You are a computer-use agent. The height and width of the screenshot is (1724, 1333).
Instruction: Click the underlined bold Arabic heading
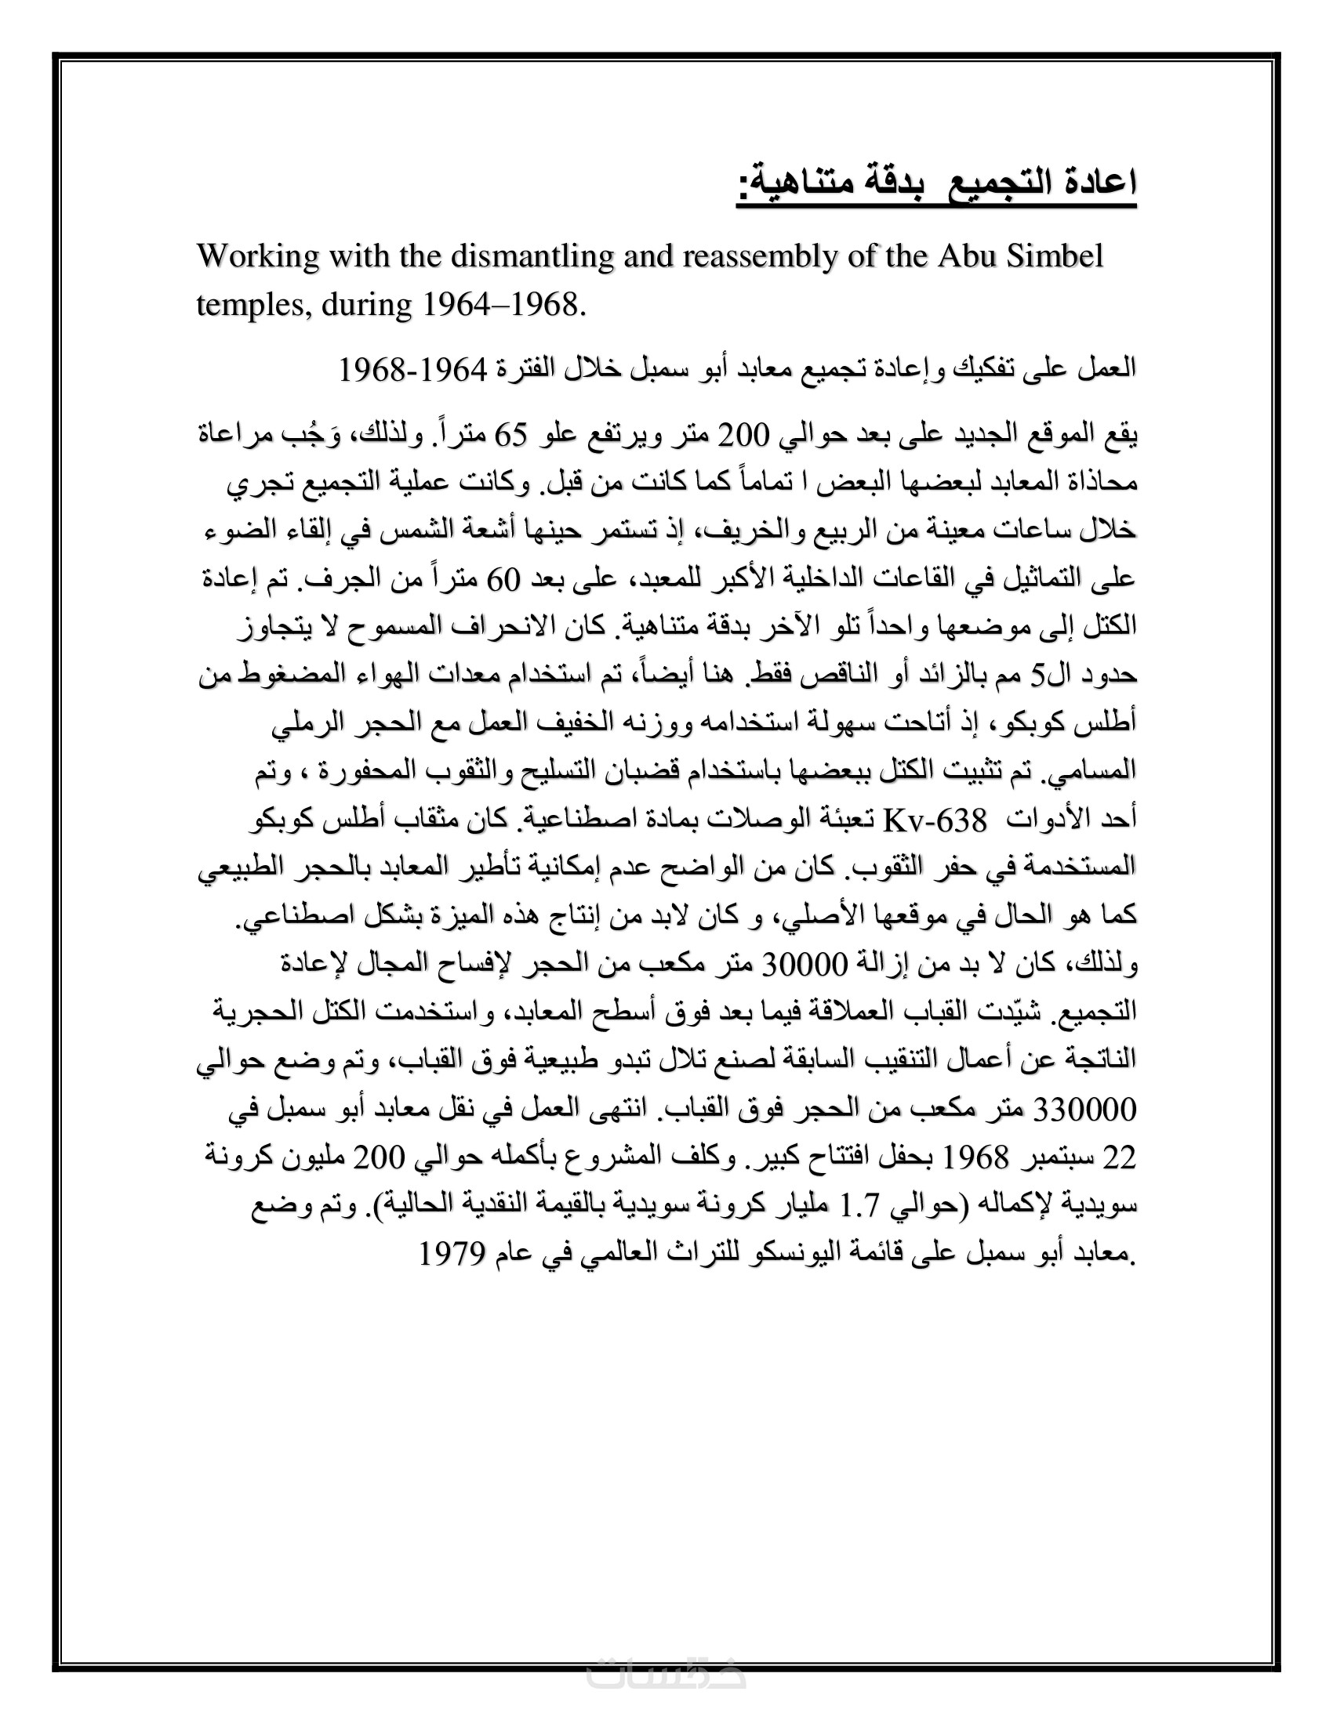[x=936, y=184]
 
